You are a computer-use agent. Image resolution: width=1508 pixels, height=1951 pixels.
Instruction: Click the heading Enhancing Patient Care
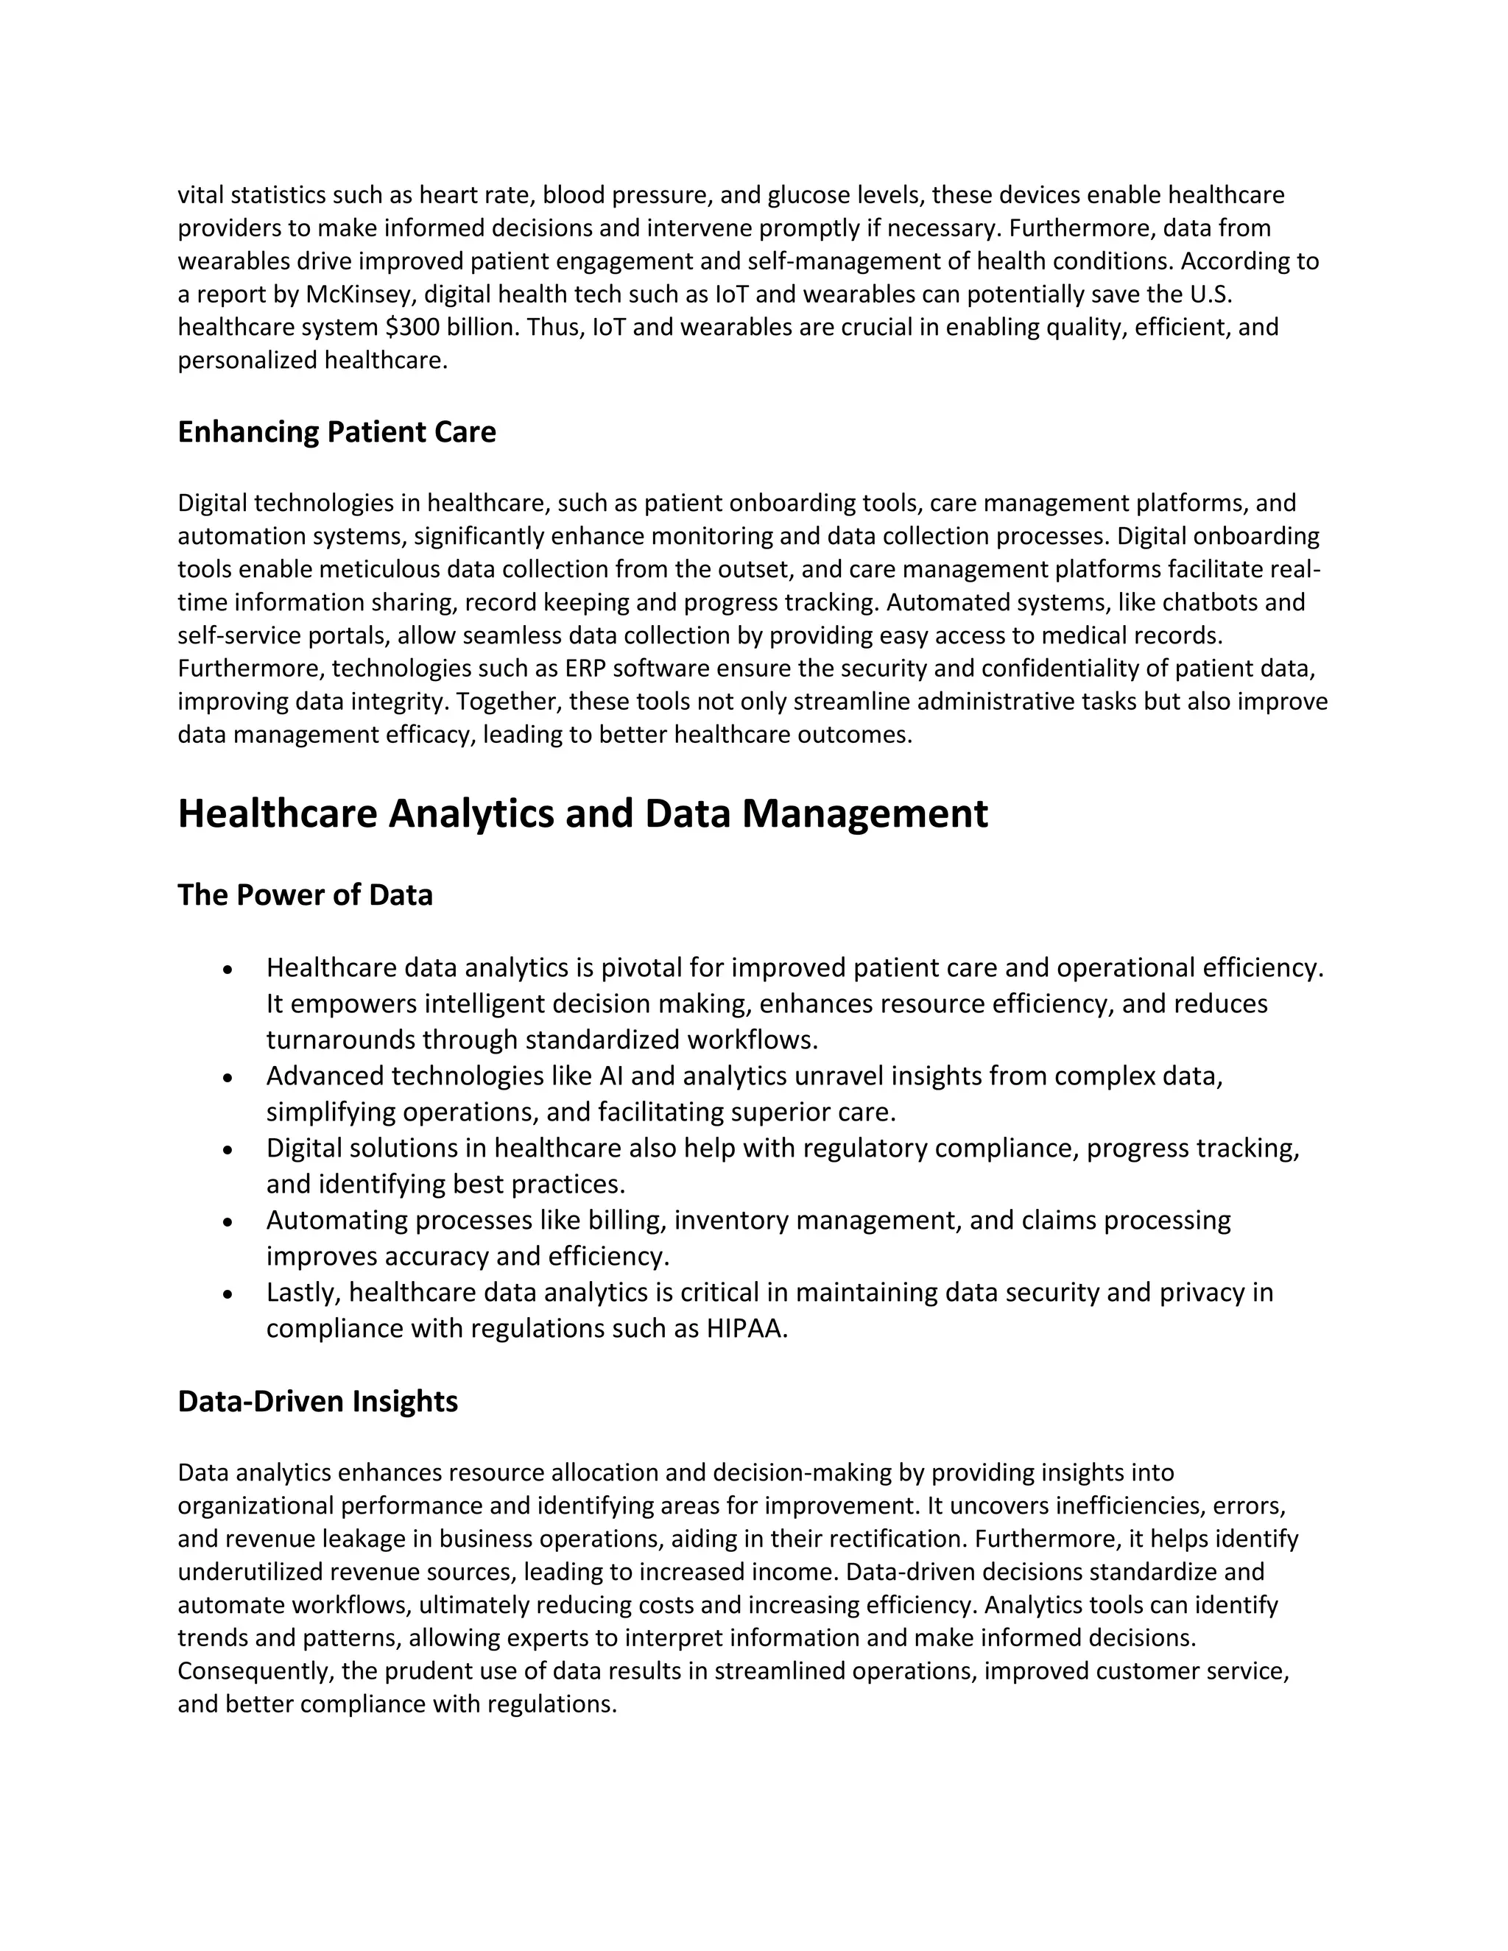point(336,432)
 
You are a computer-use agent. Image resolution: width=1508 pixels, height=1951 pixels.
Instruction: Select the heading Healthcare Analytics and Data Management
point(582,814)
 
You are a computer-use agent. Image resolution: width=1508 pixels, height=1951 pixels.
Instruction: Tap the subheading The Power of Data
point(305,895)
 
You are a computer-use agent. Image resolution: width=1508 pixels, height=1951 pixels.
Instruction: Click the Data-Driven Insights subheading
point(317,1402)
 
